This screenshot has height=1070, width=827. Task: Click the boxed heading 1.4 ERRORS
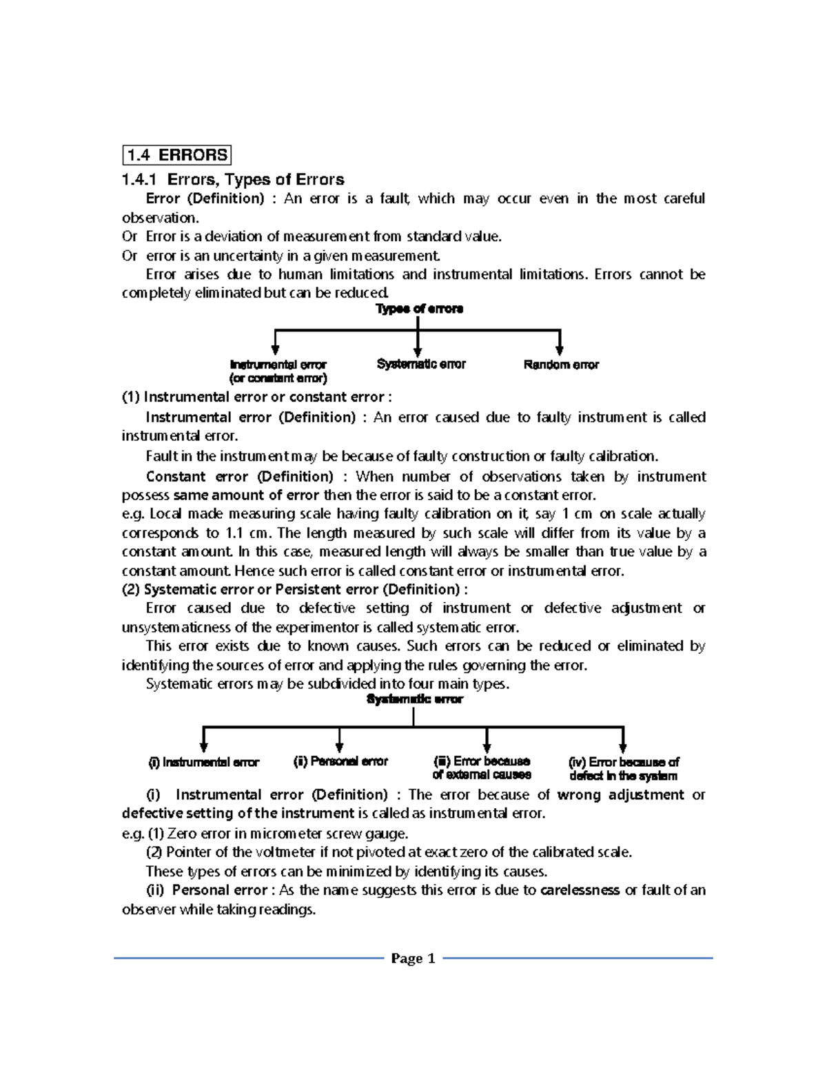click(x=176, y=155)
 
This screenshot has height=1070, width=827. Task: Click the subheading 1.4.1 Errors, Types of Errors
click(x=232, y=180)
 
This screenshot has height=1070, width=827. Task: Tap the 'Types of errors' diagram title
click(x=419, y=309)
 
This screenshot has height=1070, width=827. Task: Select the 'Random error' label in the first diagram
click(x=561, y=364)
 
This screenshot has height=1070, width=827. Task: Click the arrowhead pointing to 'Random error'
click(x=560, y=351)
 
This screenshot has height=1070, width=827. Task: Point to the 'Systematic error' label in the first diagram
click(x=421, y=364)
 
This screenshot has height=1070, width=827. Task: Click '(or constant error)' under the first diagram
click(x=278, y=378)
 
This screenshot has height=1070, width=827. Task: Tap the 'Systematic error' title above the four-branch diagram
click(x=414, y=699)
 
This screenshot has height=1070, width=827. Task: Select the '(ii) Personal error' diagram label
click(x=340, y=761)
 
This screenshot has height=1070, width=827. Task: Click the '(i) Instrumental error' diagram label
click(x=204, y=762)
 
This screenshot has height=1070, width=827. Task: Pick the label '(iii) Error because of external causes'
click(x=482, y=768)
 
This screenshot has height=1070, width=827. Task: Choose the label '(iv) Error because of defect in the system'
click(x=623, y=768)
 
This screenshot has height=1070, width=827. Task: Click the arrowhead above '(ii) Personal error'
click(x=339, y=748)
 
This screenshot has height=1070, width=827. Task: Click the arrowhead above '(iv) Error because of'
click(x=623, y=748)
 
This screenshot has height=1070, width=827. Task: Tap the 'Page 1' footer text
click(x=413, y=958)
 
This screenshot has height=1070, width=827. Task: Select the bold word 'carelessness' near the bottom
click(x=580, y=890)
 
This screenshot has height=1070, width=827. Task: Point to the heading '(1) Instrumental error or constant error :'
click(x=256, y=397)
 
